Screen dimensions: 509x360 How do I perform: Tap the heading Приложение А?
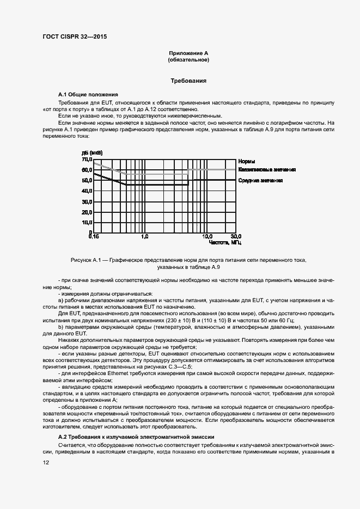(188, 53)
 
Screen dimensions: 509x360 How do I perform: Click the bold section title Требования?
(188, 81)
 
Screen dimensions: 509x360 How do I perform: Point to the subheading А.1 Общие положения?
(88, 94)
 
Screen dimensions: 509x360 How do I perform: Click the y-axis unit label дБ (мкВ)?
(92, 152)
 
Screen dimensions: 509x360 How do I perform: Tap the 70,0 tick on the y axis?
(87, 160)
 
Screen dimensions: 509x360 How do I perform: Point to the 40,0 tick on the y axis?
(87, 191)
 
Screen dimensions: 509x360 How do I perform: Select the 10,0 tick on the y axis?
(87, 223)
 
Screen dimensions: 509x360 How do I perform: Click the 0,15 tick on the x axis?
(94, 237)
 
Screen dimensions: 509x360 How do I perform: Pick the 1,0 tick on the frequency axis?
(144, 237)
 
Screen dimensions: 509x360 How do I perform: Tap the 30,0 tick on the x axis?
(235, 237)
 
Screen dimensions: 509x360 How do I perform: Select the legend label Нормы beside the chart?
(247, 162)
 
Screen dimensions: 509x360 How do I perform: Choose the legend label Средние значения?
(260, 180)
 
